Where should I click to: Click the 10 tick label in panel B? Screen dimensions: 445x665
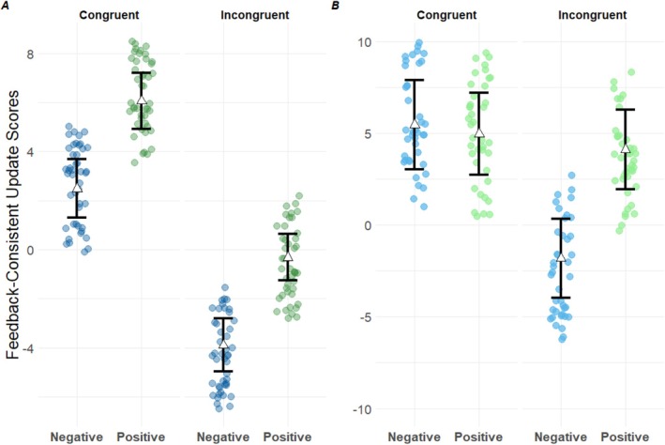[367, 42]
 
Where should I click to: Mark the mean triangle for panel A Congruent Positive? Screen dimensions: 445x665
[142, 100]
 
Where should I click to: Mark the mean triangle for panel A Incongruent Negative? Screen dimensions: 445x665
[223, 345]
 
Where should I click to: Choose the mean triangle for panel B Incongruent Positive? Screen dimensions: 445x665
[626, 147]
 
